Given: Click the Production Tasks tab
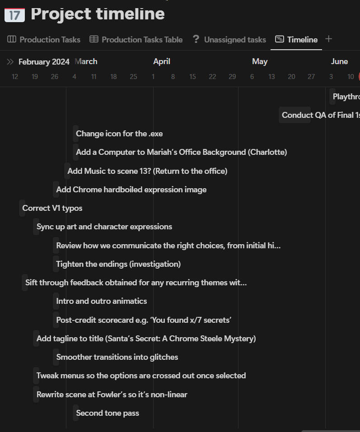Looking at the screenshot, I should (44, 40).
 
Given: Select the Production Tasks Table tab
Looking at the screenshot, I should (136, 40).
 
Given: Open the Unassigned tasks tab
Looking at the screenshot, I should (229, 40).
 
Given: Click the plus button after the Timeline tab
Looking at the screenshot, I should (329, 39).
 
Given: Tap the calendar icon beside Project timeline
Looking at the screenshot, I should (14, 14).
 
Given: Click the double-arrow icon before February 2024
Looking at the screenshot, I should (10, 62).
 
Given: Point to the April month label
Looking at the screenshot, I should (162, 61).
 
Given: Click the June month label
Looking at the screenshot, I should (339, 61).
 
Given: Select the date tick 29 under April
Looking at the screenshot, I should (232, 77).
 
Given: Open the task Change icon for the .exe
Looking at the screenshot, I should (119, 134).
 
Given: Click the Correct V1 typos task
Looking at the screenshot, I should (52, 208).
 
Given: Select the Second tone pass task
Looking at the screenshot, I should (108, 413).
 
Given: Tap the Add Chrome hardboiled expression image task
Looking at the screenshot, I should (131, 190).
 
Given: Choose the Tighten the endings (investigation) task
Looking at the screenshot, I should (118, 264).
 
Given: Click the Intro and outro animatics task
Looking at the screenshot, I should (101, 301).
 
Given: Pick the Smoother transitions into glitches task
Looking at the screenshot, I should (117, 357).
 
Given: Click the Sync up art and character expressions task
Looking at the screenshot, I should (104, 227).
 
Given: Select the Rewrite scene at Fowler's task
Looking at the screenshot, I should (112, 395).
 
